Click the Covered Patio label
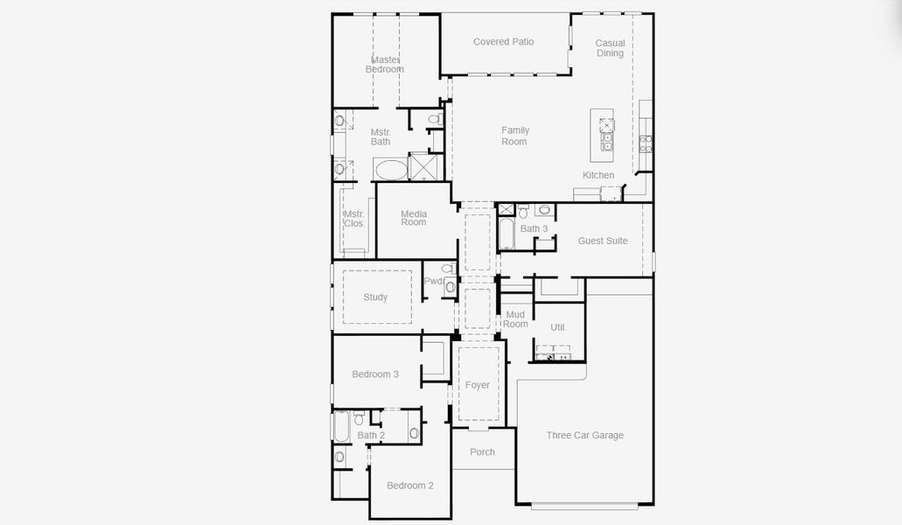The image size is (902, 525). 503,42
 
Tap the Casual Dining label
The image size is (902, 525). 610,48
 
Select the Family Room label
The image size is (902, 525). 514,136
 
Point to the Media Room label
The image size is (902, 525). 414,218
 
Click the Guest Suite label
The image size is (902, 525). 603,241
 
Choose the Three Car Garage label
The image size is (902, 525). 585,435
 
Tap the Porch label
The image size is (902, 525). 482,452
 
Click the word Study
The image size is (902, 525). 375,297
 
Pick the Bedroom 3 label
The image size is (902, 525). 375,374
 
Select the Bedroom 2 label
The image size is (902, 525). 410,486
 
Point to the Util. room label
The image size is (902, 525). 558,327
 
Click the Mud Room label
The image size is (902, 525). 515,318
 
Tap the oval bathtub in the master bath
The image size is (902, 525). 390,169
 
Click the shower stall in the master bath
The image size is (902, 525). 425,166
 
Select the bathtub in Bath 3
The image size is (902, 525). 507,234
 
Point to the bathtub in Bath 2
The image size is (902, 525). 341,428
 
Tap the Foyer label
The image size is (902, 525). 478,385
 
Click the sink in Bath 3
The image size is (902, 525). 543,210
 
